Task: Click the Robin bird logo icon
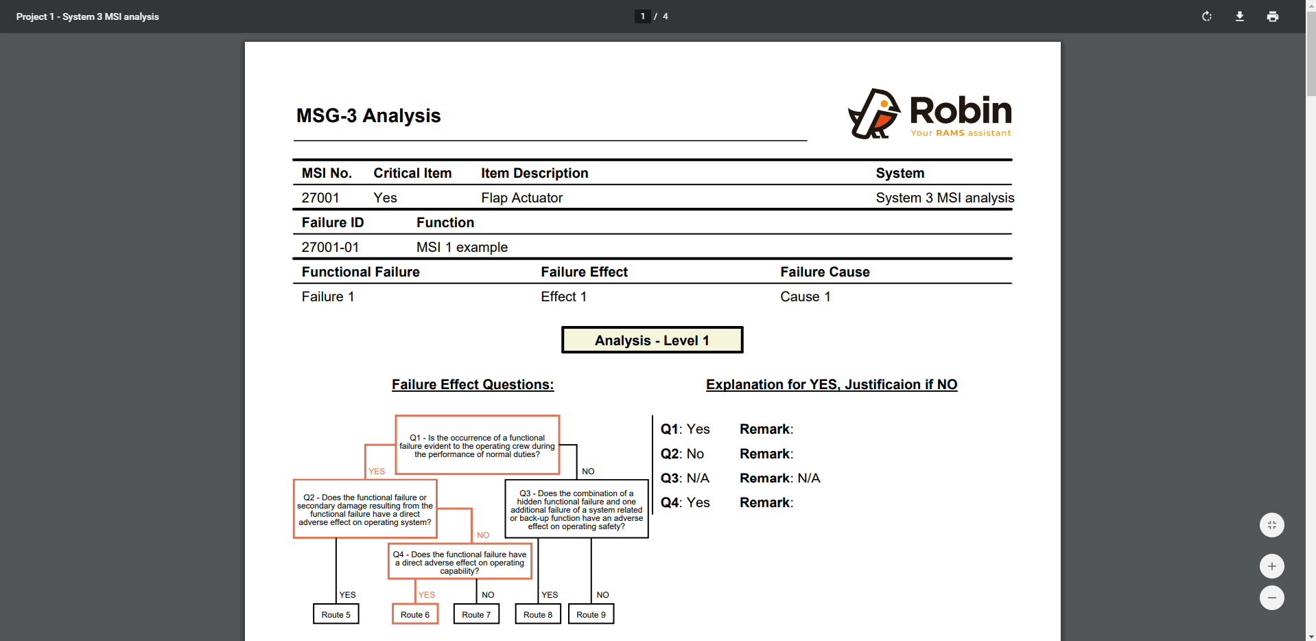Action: coord(873,113)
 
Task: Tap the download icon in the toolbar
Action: coord(1239,16)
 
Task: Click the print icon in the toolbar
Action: coord(1272,16)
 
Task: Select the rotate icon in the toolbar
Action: coord(1206,16)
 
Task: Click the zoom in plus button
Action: coord(1271,566)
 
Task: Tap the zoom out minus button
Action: coord(1271,598)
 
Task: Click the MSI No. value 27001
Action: coord(320,198)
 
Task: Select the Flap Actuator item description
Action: coord(521,198)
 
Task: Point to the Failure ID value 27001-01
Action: coord(330,247)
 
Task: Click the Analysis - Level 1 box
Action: coord(652,340)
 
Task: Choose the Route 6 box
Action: coord(415,614)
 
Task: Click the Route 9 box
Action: coord(591,614)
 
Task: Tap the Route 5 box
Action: coord(336,614)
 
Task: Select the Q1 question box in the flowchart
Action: coord(477,445)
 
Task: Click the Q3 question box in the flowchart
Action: coord(576,509)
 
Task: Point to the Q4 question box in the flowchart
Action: coord(459,562)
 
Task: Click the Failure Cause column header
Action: coord(825,272)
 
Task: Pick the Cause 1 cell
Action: coord(805,296)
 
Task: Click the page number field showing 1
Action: coord(642,16)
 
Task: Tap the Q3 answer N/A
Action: coord(697,478)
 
